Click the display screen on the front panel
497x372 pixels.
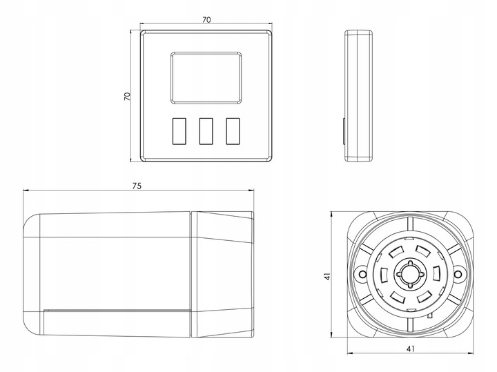tap(206, 75)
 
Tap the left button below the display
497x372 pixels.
tap(178, 130)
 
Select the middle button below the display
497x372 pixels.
tap(206, 130)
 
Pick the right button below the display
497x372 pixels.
tap(233, 130)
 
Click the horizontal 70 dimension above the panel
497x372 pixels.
tap(206, 20)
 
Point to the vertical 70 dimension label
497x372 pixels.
tap(126, 97)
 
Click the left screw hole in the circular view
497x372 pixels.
tap(360, 275)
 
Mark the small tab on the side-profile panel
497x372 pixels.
tap(344, 130)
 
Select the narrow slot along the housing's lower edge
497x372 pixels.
tap(116, 311)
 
